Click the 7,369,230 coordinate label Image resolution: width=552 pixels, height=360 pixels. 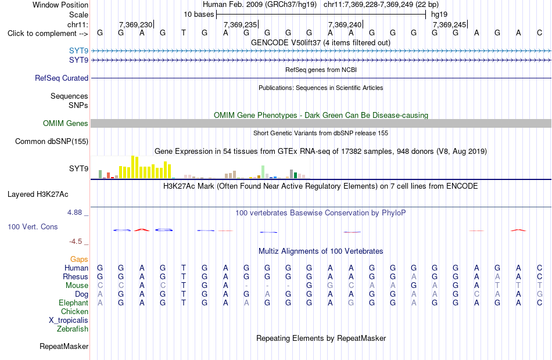[x=135, y=24]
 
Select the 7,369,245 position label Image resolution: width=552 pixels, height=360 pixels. [x=449, y=24]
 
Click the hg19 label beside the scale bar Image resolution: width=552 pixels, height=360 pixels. [x=439, y=15]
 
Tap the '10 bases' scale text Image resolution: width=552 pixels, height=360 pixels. [x=199, y=15]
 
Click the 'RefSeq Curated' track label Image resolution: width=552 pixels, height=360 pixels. [x=61, y=78]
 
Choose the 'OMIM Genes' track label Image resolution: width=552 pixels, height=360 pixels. [x=65, y=124]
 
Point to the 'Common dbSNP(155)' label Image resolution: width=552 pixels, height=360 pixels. [x=51, y=142]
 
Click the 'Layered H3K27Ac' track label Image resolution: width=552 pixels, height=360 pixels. [x=38, y=195]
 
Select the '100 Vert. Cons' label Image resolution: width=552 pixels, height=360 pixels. [x=33, y=227]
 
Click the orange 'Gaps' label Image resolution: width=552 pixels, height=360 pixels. [x=79, y=260]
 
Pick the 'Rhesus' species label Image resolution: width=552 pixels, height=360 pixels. [x=76, y=276]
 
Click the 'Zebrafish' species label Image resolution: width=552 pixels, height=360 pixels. [x=73, y=329]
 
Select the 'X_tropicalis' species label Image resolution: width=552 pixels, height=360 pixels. [x=69, y=321]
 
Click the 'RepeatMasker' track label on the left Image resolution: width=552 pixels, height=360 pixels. [x=64, y=347]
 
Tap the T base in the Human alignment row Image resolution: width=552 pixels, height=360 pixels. [x=184, y=268]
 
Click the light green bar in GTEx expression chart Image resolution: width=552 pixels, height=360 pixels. [x=263, y=172]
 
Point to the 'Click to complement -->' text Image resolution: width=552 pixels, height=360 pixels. [x=48, y=34]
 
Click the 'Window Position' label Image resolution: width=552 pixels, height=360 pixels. [x=60, y=5]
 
